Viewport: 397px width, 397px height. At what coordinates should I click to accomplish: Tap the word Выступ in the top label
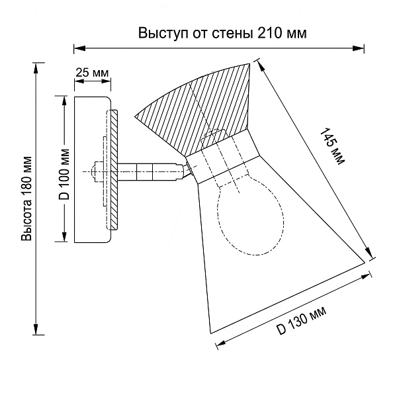point(163,34)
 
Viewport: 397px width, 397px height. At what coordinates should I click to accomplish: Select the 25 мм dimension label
point(92,73)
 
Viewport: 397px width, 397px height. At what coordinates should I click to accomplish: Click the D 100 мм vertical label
point(64,175)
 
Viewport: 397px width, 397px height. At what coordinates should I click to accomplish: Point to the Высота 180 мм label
point(26,198)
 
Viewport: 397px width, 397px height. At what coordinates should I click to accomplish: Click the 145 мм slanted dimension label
point(332,146)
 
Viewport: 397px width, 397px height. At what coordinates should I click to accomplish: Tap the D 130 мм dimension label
point(301,321)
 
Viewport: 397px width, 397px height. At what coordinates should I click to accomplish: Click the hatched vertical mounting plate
point(114,170)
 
